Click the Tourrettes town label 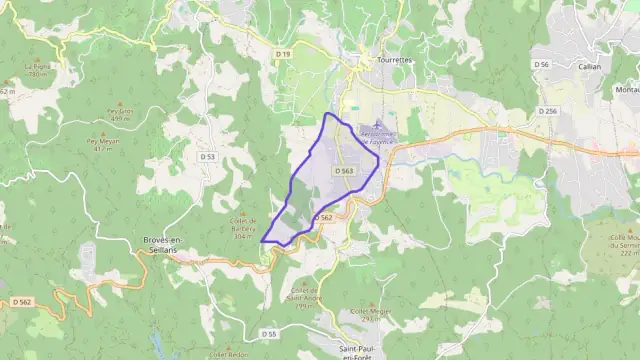(380, 60)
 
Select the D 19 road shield (283, 53)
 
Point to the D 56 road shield (542, 64)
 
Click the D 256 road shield (547, 111)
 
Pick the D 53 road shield (207, 156)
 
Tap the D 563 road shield (345, 171)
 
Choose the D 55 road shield (268, 333)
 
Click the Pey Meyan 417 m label (103, 144)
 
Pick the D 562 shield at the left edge (22, 301)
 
